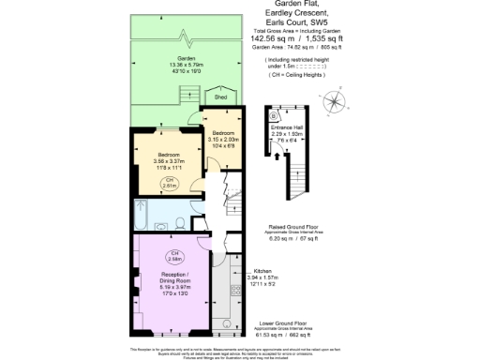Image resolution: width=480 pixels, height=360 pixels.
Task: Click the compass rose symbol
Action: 334,102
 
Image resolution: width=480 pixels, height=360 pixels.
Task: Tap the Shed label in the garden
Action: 221,97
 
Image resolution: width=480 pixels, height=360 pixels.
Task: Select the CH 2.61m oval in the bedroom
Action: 170,183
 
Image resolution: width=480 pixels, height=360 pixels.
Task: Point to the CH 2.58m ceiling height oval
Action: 173,255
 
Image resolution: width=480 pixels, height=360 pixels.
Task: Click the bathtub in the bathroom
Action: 146,215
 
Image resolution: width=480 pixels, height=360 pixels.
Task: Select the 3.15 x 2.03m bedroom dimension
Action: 222,140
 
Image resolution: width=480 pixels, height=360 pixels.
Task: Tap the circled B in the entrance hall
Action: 272,116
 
